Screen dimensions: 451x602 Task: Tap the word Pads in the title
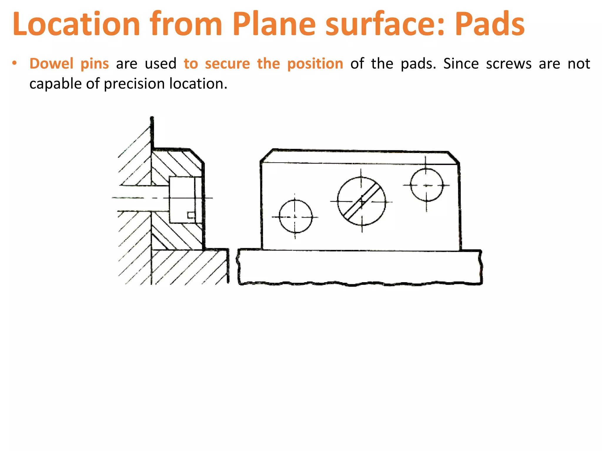489,24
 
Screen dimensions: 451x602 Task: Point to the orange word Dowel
51,64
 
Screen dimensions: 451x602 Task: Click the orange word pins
95,64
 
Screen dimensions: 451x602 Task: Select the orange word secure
227,64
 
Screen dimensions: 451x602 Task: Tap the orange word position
315,64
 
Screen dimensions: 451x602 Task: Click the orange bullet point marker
14,63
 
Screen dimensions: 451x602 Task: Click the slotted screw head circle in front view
362,201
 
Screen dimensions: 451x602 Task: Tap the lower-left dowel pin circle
295,217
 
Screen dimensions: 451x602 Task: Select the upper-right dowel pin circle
427,185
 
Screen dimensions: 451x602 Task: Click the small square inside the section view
191,215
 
